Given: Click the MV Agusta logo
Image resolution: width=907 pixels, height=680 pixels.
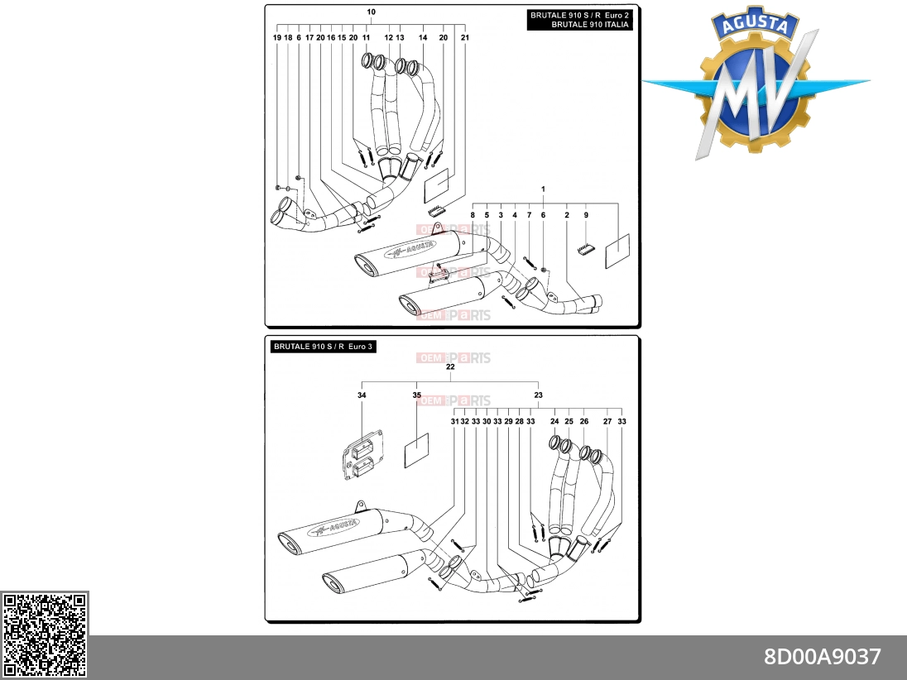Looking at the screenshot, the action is pyautogui.click(x=755, y=83).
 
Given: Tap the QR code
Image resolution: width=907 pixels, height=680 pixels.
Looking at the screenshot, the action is pyautogui.click(x=45, y=635).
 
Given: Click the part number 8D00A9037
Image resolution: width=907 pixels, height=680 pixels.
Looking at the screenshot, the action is pyautogui.click(x=822, y=657).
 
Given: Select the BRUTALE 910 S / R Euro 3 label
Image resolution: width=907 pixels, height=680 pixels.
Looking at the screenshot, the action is pyautogui.click(x=324, y=347).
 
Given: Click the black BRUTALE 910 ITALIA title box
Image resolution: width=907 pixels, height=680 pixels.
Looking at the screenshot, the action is pyautogui.click(x=579, y=20).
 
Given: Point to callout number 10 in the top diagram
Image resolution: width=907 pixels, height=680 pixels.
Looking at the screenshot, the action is pyautogui.click(x=371, y=12).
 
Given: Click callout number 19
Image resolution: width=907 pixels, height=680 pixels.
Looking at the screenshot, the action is pyautogui.click(x=277, y=37).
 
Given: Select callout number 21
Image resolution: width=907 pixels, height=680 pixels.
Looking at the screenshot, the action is pyautogui.click(x=465, y=37).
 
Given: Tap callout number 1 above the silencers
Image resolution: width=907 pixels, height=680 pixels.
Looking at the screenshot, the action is pyautogui.click(x=543, y=189).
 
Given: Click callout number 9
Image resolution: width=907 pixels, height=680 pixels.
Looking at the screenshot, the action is pyautogui.click(x=586, y=215).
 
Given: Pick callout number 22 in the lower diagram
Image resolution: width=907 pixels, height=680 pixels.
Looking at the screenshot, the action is pyautogui.click(x=450, y=366).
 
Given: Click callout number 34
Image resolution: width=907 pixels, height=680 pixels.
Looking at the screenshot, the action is pyautogui.click(x=362, y=395).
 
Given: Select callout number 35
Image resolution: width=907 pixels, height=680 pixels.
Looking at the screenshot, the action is pyautogui.click(x=416, y=395).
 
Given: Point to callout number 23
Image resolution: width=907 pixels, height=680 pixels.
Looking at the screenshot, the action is pyautogui.click(x=538, y=395).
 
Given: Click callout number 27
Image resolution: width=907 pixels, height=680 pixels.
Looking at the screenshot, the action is pyautogui.click(x=607, y=422).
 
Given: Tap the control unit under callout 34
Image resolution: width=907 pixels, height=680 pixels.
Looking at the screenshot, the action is pyautogui.click(x=362, y=454).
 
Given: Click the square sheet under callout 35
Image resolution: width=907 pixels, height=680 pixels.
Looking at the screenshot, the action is pyautogui.click(x=416, y=451).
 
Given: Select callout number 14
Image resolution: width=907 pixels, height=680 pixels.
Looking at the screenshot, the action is pyautogui.click(x=423, y=37).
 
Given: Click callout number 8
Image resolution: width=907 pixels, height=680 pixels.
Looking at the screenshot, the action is pyautogui.click(x=473, y=215).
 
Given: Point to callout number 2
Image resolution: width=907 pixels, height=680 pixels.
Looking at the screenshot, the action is pyautogui.click(x=567, y=215).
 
